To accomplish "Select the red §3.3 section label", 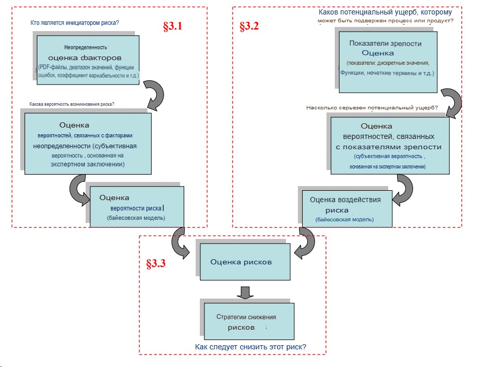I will [x=156, y=263].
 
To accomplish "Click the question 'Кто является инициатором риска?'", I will [x=75, y=23].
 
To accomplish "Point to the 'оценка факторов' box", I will [x=87, y=58].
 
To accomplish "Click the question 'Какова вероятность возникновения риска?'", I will [x=72, y=104].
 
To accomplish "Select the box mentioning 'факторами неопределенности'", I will [x=88, y=143].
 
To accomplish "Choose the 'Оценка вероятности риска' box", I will [x=137, y=206].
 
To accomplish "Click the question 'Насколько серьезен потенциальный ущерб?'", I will [x=372, y=108].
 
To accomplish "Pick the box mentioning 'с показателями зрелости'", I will [x=389, y=145].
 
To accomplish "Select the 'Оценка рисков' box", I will [x=241, y=262].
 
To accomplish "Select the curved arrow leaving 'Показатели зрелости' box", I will [x=451, y=102].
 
